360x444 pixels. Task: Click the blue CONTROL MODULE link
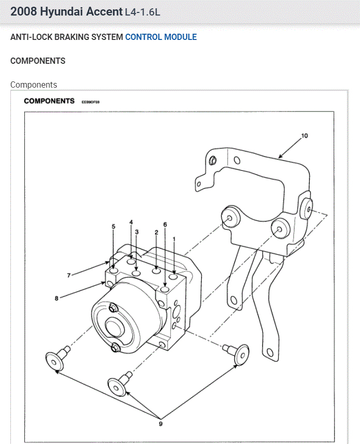tap(161, 37)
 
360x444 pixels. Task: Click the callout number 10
tap(304, 136)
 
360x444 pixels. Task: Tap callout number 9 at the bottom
tap(160, 424)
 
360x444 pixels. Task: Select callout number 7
tap(68, 275)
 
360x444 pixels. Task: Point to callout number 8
tap(56, 298)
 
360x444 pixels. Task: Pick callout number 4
tap(131, 223)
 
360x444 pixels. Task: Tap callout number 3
tap(136, 232)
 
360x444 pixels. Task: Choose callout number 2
tap(156, 232)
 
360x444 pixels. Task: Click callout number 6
tap(165, 224)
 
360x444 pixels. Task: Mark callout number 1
tap(174, 239)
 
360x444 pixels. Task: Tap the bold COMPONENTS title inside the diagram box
tap(49, 101)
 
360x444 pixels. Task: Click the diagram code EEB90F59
tap(90, 102)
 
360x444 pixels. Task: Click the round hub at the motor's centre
tap(114, 327)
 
